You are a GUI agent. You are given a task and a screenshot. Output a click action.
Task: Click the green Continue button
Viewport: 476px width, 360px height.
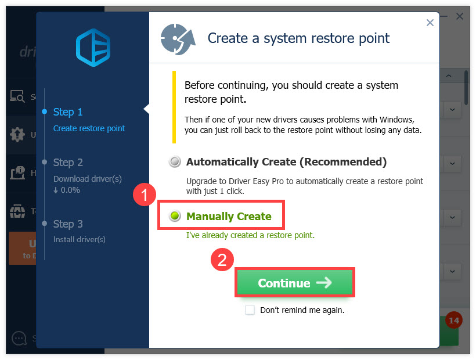pyautogui.click(x=294, y=283)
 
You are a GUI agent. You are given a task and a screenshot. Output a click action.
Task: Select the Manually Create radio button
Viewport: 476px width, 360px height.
pyautogui.click(x=175, y=217)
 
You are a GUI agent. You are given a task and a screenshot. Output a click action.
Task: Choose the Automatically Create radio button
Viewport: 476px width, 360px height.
pyautogui.click(x=175, y=162)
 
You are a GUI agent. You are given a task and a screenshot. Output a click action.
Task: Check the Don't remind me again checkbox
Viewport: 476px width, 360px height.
pyautogui.click(x=250, y=310)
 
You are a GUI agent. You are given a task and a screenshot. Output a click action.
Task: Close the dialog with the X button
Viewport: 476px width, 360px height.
pyautogui.click(x=430, y=23)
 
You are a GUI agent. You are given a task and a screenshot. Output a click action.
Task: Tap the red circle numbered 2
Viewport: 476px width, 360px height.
pyautogui.click(x=221, y=260)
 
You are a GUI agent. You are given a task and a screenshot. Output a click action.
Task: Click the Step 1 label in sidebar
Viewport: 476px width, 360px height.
pyautogui.click(x=68, y=112)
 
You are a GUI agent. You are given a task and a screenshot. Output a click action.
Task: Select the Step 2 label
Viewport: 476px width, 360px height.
pyautogui.click(x=68, y=163)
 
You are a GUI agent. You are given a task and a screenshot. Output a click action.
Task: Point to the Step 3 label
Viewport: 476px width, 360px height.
pyautogui.click(x=68, y=224)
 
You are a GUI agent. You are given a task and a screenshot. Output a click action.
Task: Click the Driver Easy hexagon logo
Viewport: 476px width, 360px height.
pyautogui.click(x=93, y=49)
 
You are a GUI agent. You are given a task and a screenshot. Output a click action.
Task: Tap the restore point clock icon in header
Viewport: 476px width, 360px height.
pyautogui.click(x=178, y=39)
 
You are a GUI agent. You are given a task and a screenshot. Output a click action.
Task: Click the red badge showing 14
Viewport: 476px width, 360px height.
pyautogui.click(x=453, y=320)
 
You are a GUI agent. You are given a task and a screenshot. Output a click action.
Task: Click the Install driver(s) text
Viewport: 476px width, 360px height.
pyautogui.click(x=79, y=239)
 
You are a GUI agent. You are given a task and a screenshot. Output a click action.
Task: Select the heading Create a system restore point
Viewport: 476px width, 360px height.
pyautogui.click(x=298, y=39)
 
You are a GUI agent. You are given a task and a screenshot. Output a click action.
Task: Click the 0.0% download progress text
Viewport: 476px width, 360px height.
pyautogui.click(x=70, y=190)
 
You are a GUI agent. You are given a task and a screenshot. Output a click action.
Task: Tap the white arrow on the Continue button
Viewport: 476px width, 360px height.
pyautogui.click(x=324, y=283)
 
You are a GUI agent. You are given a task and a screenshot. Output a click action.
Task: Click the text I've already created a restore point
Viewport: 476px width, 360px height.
pyautogui.click(x=250, y=235)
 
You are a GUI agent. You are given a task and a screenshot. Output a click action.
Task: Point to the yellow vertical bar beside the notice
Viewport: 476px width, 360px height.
pyautogui.click(x=173, y=107)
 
